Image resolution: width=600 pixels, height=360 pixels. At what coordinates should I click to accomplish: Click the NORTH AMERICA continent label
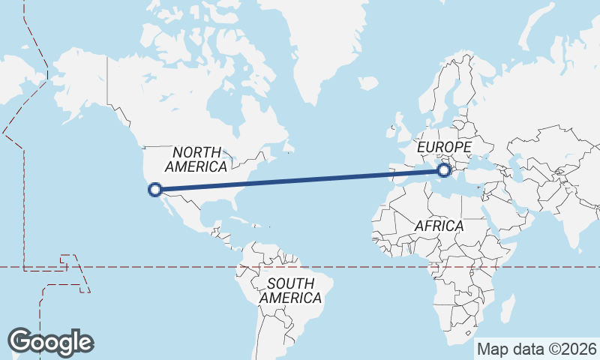(x=196, y=159)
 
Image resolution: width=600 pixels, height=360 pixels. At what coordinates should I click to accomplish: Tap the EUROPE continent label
(x=444, y=146)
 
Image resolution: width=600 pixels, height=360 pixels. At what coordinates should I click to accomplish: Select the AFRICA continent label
(x=439, y=225)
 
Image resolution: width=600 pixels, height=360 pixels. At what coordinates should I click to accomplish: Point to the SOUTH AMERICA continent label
(x=290, y=290)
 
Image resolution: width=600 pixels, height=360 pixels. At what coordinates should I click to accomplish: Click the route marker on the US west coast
(x=155, y=190)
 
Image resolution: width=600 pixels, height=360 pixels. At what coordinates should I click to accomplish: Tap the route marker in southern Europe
(x=444, y=171)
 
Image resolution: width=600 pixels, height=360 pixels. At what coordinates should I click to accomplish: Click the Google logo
(x=51, y=342)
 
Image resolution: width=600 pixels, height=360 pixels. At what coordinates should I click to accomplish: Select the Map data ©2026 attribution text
(x=537, y=349)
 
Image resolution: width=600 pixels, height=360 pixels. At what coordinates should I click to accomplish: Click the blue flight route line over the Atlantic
(x=300, y=180)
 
